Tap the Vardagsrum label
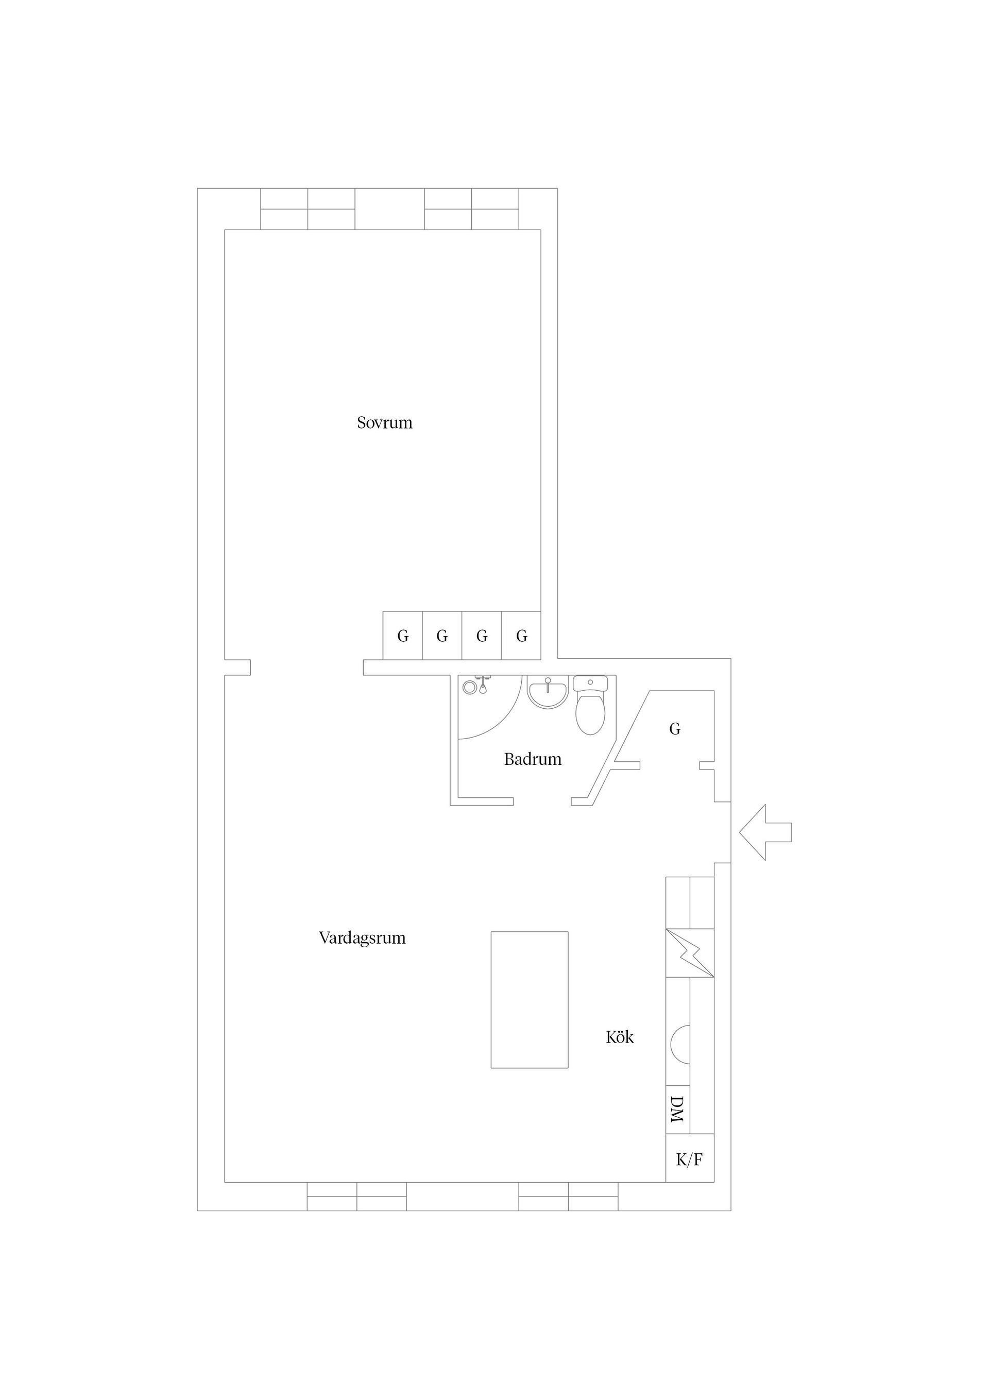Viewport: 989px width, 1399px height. click(362, 938)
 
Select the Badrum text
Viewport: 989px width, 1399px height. click(533, 759)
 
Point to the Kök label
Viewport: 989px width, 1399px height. click(620, 1037)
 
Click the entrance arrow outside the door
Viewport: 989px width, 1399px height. click(765, 832)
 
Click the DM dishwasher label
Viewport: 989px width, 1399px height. click(677, 1109)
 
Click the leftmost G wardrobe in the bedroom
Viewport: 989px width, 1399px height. click(403, 636)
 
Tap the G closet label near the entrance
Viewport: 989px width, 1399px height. click(675, 729)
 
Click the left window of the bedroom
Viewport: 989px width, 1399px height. click(308, 209)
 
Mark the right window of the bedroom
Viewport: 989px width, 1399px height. click(472, 209)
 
